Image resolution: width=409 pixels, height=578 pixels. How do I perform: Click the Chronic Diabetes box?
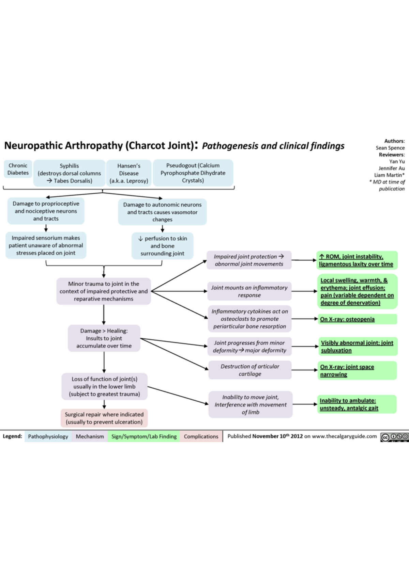(18, 169)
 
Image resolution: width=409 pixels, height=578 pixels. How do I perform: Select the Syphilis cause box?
(69, 173)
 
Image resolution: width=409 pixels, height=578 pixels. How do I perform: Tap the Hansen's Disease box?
(128, 173)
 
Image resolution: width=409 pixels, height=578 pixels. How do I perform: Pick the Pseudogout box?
(193, 173)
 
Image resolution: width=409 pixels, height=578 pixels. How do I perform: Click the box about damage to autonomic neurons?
(162, 212)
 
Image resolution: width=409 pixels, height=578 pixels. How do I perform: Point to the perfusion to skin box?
(162, 246)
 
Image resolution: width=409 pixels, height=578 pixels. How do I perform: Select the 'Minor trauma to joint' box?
(104, 291)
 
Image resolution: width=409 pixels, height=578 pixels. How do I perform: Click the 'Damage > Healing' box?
(104, 338)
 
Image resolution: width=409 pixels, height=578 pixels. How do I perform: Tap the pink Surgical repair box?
(104, 418)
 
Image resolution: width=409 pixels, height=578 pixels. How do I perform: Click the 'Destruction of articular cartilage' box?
(250, 370)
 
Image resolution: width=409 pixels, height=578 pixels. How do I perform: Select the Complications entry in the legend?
(201, 436)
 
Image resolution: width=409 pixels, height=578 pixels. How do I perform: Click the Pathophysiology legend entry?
(48, 436)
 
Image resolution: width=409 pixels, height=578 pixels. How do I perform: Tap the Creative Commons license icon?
(394, 437)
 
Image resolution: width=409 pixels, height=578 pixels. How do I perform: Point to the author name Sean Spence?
(390, 148)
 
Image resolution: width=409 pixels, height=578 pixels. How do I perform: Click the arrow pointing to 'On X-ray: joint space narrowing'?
(304, 370)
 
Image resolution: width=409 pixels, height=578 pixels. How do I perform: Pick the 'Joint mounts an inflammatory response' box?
(249, 291)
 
